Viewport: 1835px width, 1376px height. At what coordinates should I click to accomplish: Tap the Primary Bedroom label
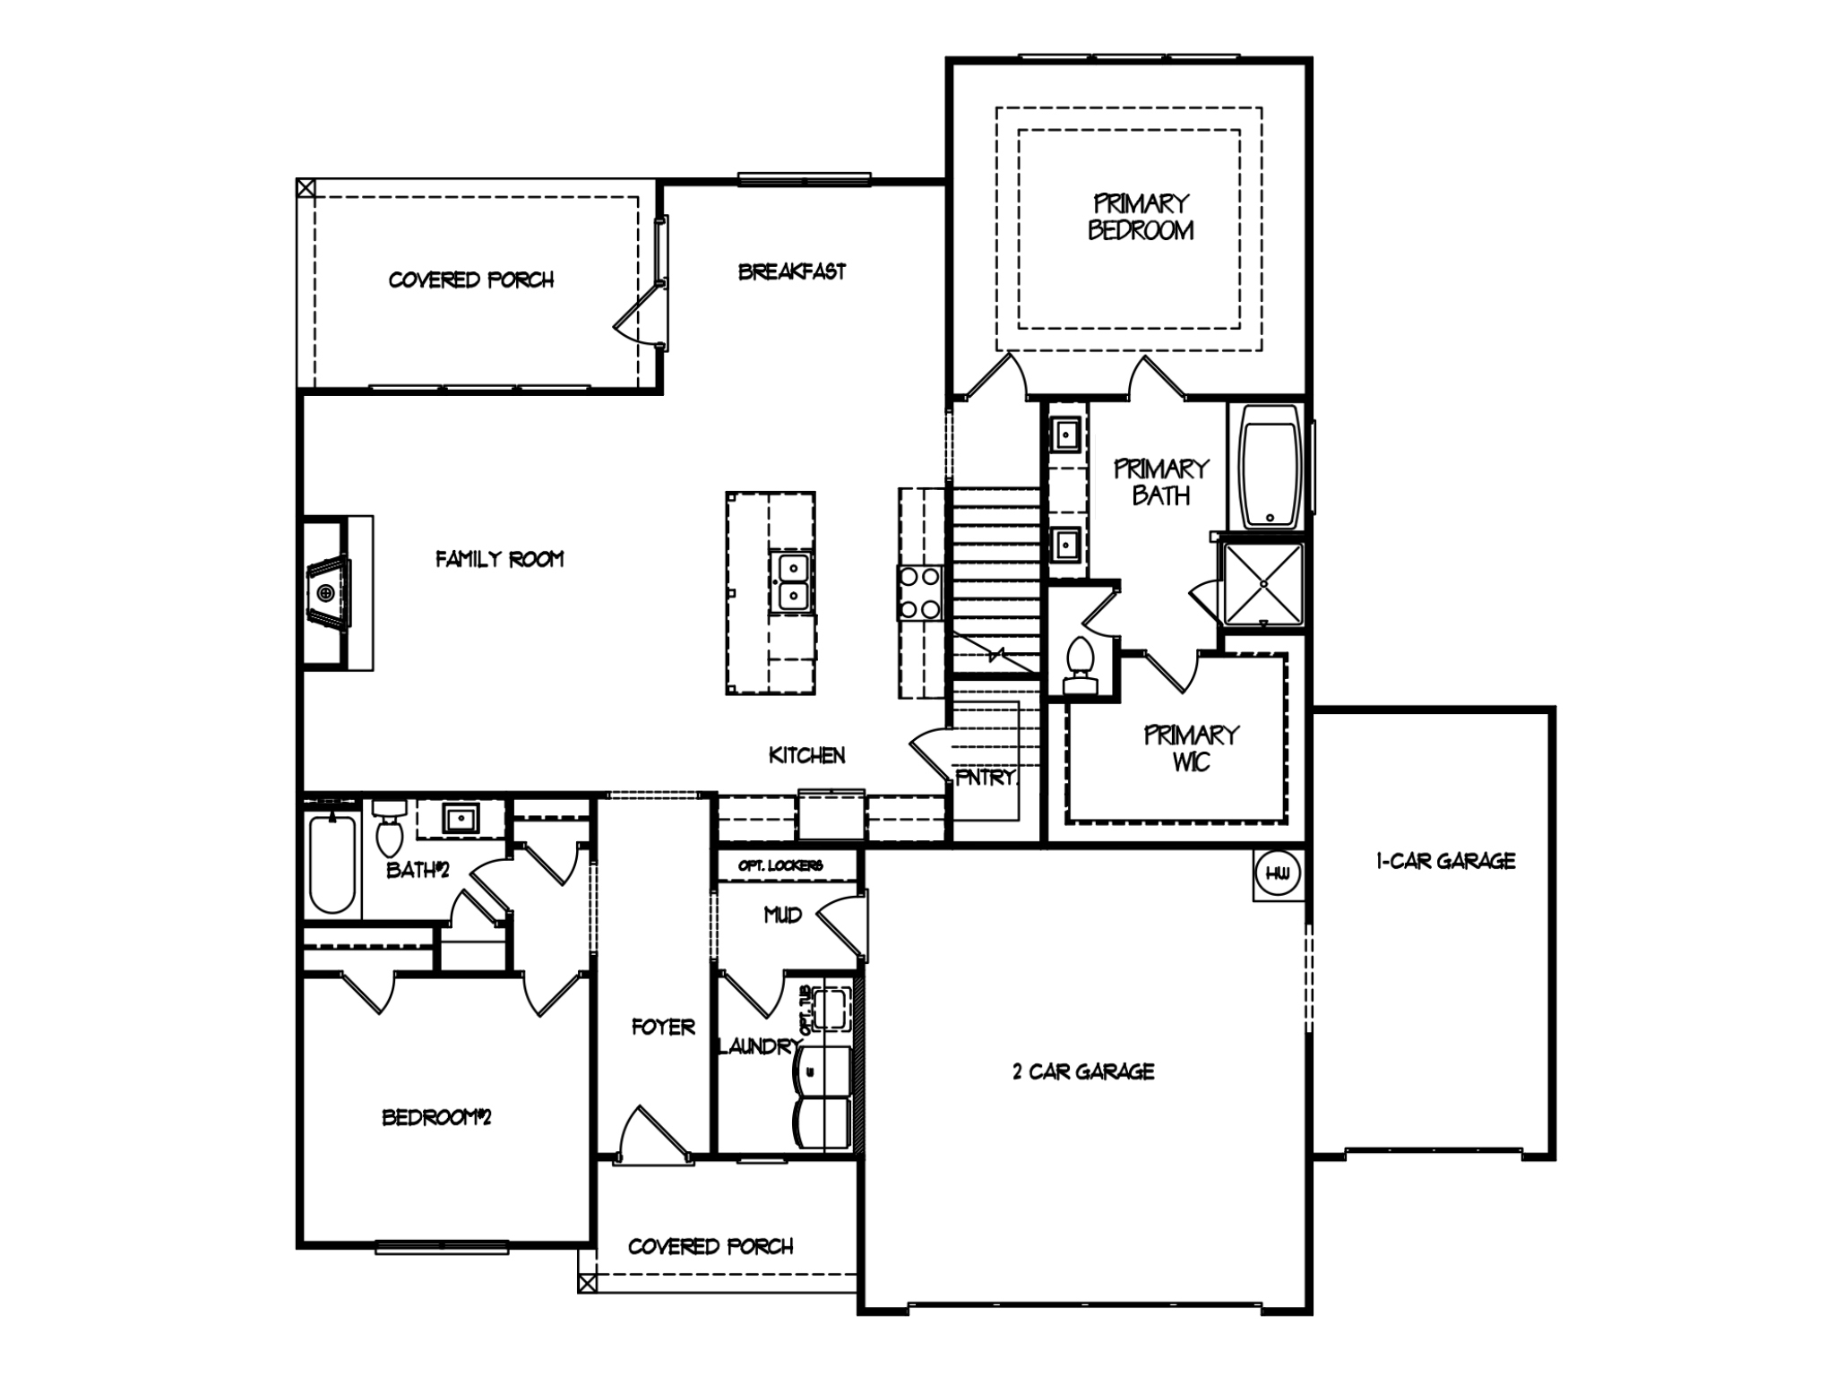click(1141, 217)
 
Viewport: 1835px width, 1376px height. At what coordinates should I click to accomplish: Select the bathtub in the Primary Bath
click(1270, 466)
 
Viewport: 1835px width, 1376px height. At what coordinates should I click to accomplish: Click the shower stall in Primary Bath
click(1262, 583)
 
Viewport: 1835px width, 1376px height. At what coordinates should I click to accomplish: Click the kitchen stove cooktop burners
click(920, 593)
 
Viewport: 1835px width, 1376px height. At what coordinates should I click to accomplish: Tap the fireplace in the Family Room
click(327, 592)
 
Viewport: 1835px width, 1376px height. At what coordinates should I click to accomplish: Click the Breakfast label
click(791, 271)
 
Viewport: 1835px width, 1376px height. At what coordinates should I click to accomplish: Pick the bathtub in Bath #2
click(332, 863)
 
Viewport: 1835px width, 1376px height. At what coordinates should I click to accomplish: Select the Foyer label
click(663, 1027)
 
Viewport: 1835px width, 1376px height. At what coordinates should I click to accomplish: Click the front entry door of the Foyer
click(654, 1138)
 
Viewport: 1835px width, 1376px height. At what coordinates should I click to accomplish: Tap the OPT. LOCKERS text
click(780, 865)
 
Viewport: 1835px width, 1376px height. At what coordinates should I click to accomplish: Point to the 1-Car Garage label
click(1445, 861)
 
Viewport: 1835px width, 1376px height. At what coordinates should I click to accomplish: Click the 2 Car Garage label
click(1083, 1071)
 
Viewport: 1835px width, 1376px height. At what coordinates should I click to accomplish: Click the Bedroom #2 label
click(436, 1117)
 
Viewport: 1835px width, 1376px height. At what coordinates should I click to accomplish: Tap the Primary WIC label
click(1191, 748)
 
